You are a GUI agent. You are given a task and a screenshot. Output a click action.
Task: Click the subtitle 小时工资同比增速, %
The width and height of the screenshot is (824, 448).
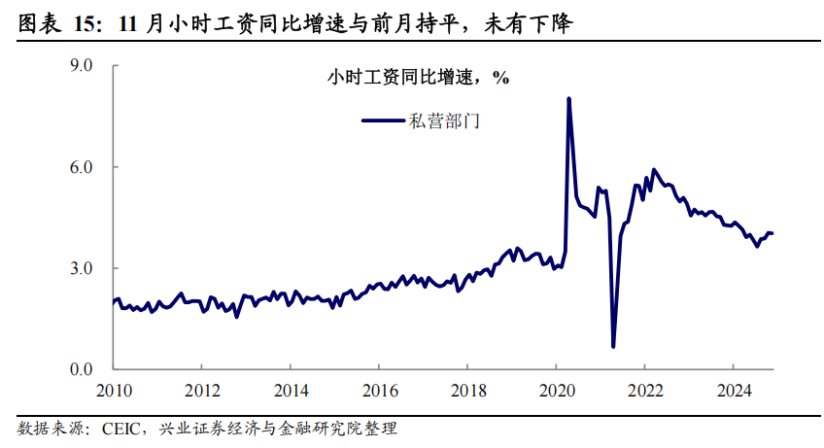coord(418,79)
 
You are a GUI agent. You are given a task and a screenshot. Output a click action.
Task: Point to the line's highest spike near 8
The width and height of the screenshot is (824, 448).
coord(568,98)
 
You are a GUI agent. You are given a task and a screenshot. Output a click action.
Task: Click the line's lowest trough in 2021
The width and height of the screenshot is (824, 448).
coord(613,346)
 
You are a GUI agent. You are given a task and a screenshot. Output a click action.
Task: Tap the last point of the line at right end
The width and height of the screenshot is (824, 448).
coord(772,233)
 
